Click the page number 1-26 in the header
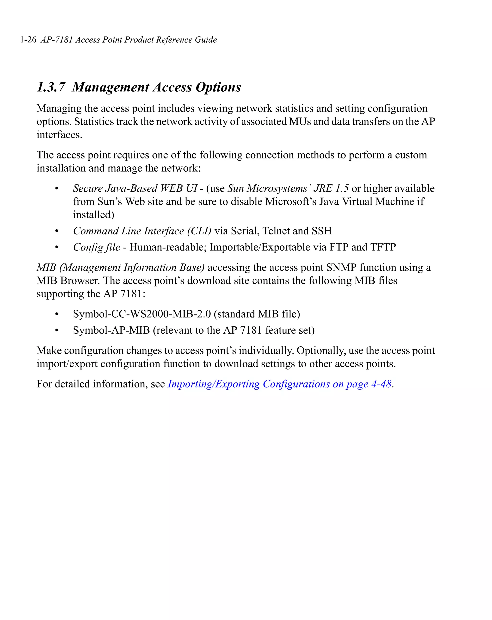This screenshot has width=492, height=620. (x=28, y=40)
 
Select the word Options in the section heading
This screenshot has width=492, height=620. (x=218, y=87)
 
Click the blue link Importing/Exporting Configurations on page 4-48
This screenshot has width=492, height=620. (x=279, y=384)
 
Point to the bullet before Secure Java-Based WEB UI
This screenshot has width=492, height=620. (x=57, y=189)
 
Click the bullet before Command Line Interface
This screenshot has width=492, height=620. (x=57, y=231)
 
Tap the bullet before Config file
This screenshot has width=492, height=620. (x=57, y=248)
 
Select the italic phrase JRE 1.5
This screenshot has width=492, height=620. (x=331, y=188)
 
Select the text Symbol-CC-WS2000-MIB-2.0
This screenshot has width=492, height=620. (x=142, y=314)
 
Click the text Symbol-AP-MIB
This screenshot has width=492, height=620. (x=111, y=330)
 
